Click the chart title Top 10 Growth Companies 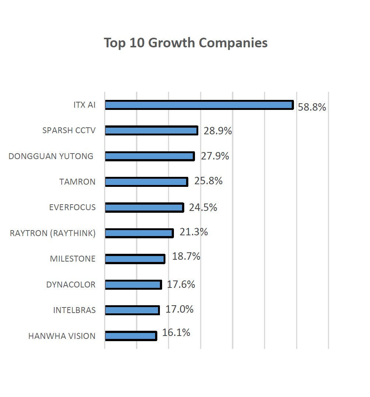[185, 43]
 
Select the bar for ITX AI [199, 105]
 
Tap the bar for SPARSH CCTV [151, 131]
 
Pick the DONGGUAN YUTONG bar [150, 156]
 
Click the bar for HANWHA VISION [131, 336]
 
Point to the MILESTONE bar [135, 259]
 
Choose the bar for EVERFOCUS [144, 208]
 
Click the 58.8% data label [312, 107]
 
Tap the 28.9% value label [217, 131]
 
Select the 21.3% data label [193, 232]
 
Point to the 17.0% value [179, 309]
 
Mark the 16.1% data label [176, 333]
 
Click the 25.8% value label [208, 181]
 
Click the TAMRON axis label [77, 182]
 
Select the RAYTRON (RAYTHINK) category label [52, 233]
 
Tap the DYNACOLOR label [71, 285]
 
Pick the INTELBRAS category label [74, 310]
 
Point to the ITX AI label [84, 105]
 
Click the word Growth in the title [172, 43]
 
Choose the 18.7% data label [186, 256]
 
